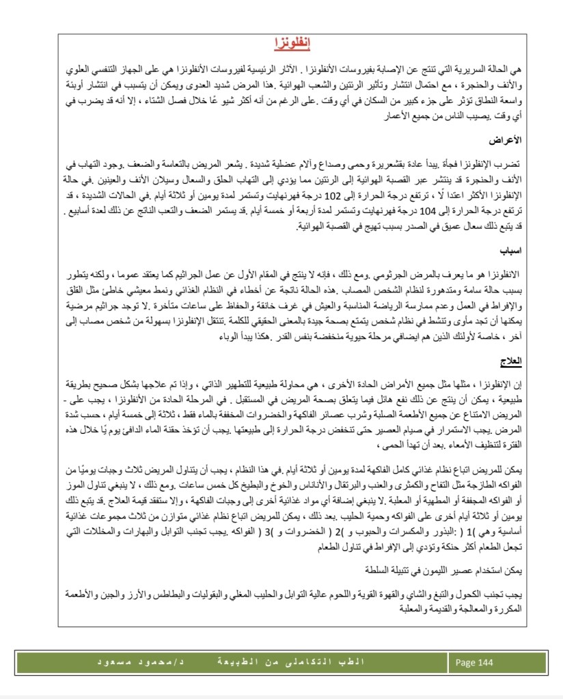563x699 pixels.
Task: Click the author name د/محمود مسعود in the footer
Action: tap(145, 663)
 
